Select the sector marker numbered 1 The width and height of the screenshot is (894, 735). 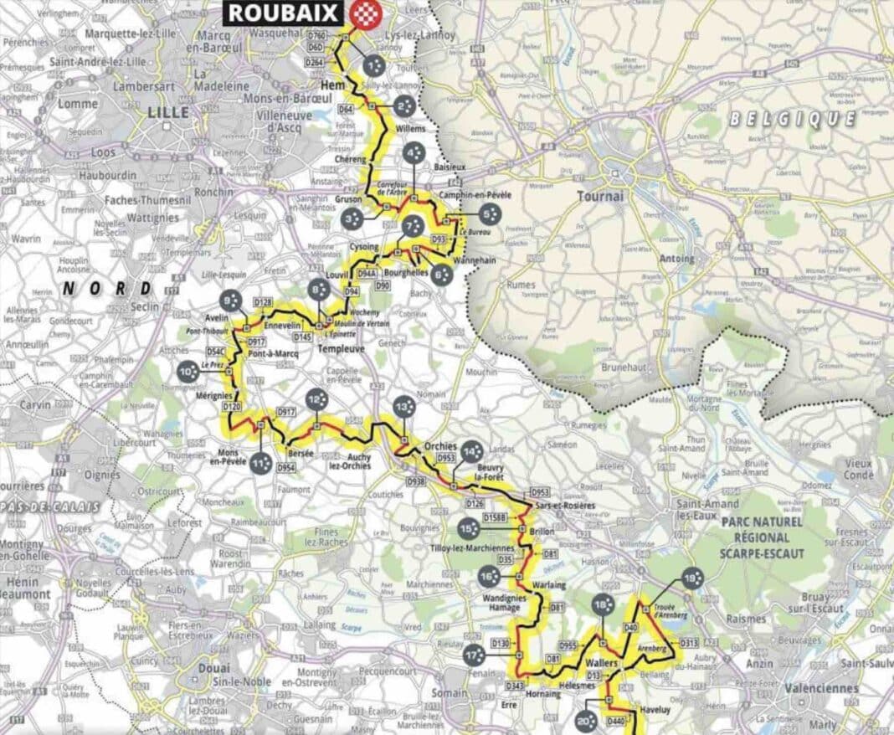(x=374, y=64)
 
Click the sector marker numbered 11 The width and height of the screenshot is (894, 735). (x=260, y=462)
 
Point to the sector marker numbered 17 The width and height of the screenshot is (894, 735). (x=474, y=655)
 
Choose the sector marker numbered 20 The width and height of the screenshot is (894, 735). (x=585, y=721)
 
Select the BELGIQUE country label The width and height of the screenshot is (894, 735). (x=794, y=119)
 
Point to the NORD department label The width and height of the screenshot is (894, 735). (x=108, y=289)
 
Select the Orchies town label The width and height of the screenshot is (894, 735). (x=440, y=445)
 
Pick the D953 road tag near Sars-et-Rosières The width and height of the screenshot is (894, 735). (x=541, y=492)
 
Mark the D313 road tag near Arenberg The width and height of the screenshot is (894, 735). (x=689, y=643)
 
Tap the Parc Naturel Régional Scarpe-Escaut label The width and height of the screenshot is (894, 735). (x=768, y=536)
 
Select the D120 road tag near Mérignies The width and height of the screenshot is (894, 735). (x=232, y=406)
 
